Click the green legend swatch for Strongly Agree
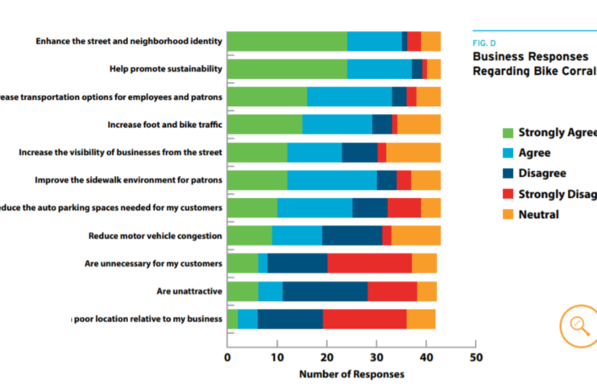[x=508, y=133]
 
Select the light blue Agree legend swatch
[x=508, y=153]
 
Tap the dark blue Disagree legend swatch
[x=508, y=174]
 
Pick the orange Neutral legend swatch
[x=508, y=215]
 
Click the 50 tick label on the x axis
[x=475, y=356]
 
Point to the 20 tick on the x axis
[x=326, y=356]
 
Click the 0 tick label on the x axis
[x=227, y=356]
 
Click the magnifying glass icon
[x=578, y=325]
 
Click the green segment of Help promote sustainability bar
[x=287, y=69]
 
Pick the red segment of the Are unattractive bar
[x=392, y=290]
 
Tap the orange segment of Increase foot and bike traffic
[x=419, y=125]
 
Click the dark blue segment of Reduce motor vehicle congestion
[x=352, y=235]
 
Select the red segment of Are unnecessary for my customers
[x=369, y=263]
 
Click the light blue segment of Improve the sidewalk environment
[x=331, y=180]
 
